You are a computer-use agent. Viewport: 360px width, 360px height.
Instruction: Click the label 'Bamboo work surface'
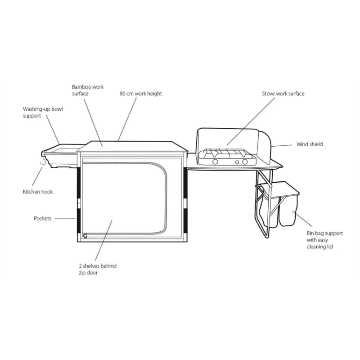[87, 90]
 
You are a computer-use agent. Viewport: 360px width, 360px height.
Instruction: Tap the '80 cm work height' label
[140, 94]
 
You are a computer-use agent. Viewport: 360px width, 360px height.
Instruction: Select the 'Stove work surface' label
[283, 94]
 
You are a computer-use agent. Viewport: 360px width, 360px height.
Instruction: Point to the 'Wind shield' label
[309, 144]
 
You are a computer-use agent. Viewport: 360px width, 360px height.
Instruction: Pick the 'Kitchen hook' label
[38, 192]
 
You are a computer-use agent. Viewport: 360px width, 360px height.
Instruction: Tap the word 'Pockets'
[43, 218]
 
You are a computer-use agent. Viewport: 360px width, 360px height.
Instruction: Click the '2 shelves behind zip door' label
[97, 269]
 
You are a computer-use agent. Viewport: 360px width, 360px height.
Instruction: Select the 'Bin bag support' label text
[324, 240]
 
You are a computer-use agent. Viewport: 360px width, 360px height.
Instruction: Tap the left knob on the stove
[215, 162]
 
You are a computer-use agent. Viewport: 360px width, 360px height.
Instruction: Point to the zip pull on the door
[85, 234]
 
